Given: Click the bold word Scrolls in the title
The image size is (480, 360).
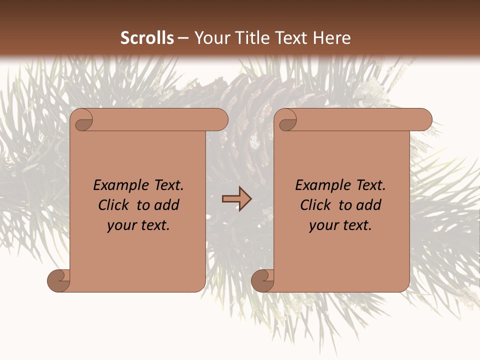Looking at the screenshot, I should point(147,38).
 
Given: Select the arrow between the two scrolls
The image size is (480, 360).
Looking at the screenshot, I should point(236,199).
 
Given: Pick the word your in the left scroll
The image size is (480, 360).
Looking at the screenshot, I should point(120,226).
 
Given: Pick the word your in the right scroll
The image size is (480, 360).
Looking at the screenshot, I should point(322,226).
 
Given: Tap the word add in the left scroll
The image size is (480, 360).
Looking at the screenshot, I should point(167,205).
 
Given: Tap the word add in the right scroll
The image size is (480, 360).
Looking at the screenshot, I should point(369,205).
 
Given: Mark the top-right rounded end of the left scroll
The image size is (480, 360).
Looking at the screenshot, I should point(220,120).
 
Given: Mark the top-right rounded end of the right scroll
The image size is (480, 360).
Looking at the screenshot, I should point(424,120).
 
